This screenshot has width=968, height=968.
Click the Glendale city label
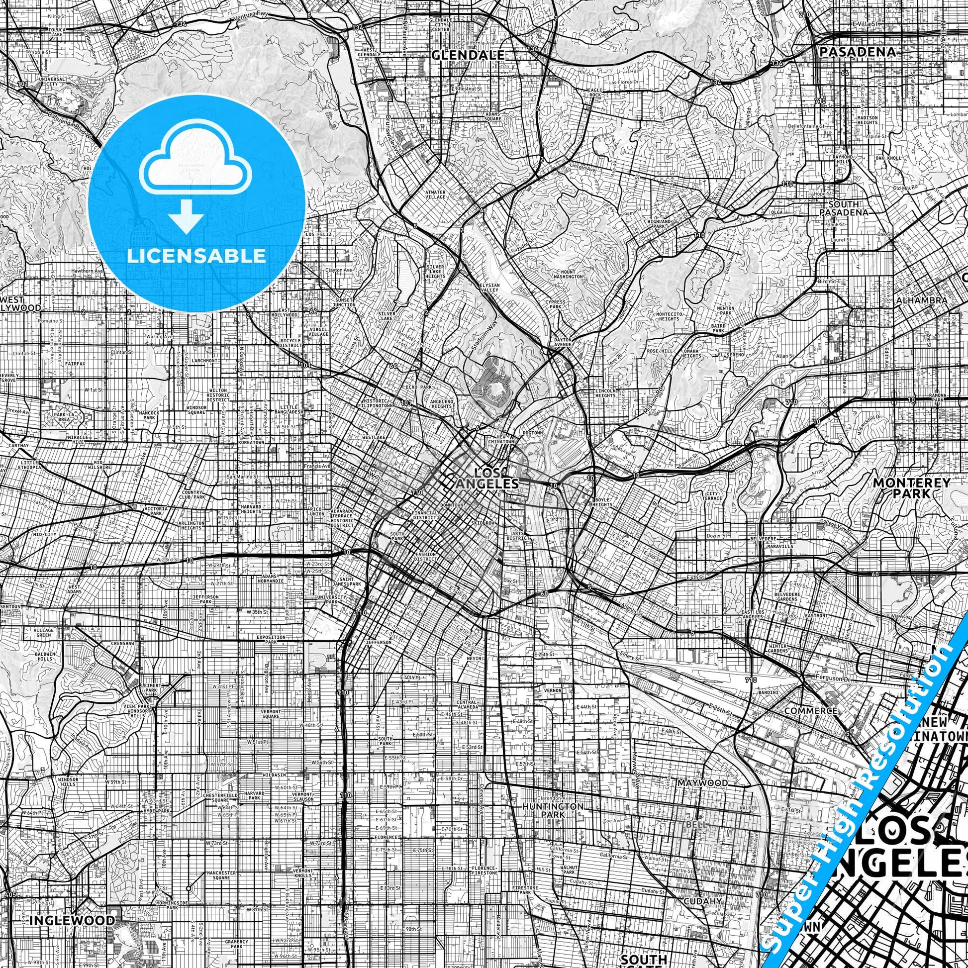[468, 55]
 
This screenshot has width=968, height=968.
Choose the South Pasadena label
[844, 208]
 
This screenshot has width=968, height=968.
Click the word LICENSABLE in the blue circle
[196, 256]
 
